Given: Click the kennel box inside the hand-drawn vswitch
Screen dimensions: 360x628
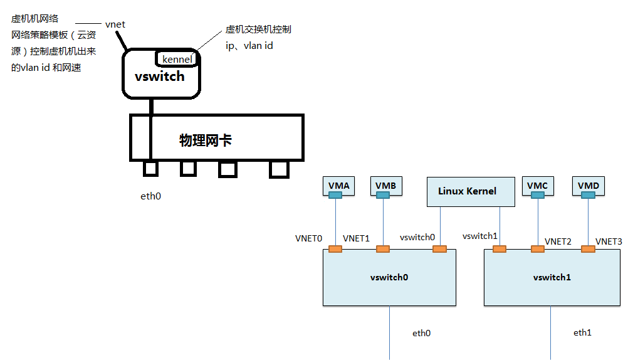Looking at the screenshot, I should pyautogui.click(x=177, y=59).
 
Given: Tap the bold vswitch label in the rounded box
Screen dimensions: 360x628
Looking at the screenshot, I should pyautogui.click(x=160, y=77).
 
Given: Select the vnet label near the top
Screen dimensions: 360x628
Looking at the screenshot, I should pyautogui.click(x=115, y=24).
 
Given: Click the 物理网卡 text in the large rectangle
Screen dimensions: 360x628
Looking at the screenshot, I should pyautogui.click(x=206, y=140).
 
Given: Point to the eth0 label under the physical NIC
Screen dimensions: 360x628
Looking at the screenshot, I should pyautogui.click(x=150, y=196).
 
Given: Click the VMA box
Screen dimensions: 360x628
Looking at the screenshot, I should pyautogui.click(x=338, y=185).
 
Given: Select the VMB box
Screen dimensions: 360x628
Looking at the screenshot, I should pyautogui.click(x=385, y=185).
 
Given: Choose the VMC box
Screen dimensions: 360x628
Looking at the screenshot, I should pyautogui.click(x=537, y=185).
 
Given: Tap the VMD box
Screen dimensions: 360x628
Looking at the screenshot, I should pyautogui.click(x=588, y=185).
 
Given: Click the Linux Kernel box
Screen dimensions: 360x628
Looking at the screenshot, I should pyautogui.click(x=467, y=191).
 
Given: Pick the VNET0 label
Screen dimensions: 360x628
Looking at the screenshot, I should pyautogui.click(x=308, y=239).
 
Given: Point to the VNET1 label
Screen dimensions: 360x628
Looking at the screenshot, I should pyautogui.click(x=357, y=239).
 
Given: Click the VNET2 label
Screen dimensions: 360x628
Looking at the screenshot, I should pyautogui.click(x=558, y=241).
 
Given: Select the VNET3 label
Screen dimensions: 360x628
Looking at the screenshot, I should pyautogui.click(x=609, y=241).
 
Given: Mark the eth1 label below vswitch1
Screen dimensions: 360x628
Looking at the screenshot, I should pyautogui.click(x=582, y=332).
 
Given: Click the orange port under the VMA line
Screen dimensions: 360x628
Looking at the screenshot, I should pyautogui.click(x=335, y=250).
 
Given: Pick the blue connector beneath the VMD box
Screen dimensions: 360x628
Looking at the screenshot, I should pyautogui.click(x=588, y=196).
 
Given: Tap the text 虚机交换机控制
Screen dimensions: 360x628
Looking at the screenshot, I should pyautogui.click(x=258, y=29).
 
